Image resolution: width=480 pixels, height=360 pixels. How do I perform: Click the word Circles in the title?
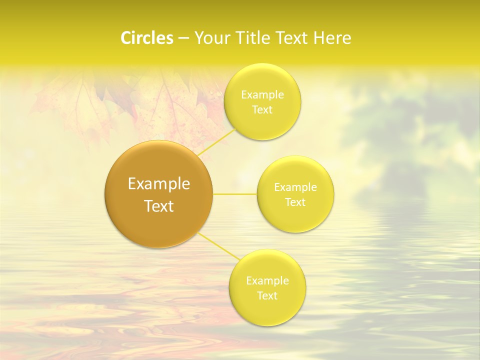[x=146, y=38]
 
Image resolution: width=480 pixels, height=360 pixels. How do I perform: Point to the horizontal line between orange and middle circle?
[x=235, y=194]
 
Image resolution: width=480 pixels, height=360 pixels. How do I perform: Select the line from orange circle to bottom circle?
[x=218, y=246]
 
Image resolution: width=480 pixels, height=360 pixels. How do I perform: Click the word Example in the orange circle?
[x=159, y=184]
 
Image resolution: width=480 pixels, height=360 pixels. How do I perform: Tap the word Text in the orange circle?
[x=159, y=206]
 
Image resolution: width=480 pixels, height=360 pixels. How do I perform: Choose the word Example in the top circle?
[x=262, y=95]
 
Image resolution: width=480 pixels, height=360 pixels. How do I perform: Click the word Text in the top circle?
[x=262, y=109]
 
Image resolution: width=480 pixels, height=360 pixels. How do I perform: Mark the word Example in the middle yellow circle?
[x=295, y=187]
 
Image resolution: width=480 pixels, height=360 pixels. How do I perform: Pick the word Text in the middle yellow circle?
[x=295, y=202]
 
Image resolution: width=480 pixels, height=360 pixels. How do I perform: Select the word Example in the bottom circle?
[x=267, y=281]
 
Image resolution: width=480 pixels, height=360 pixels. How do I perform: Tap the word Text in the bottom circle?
[x=267, y=295]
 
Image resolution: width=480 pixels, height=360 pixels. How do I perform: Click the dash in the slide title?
[x=183, y=38]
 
